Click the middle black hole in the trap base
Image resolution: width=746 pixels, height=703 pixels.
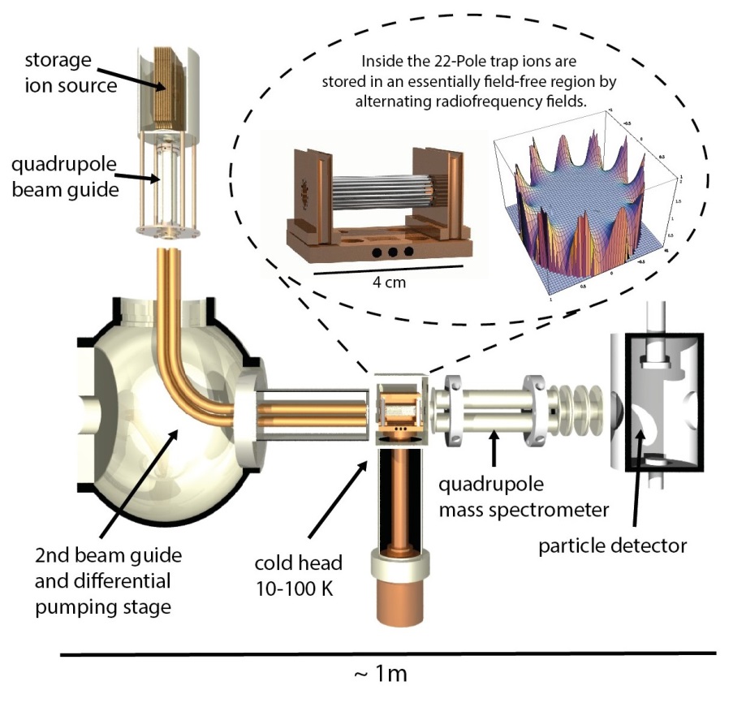393,252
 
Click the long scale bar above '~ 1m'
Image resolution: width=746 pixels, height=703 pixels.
389,653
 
